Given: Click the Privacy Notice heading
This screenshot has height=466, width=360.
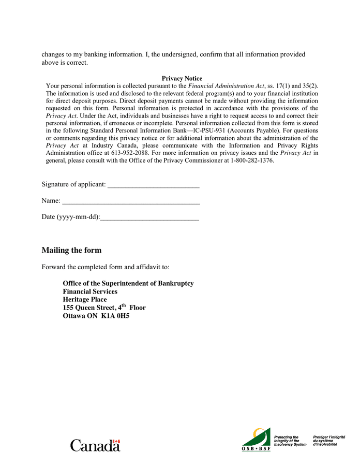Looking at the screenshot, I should (x=182, y=78).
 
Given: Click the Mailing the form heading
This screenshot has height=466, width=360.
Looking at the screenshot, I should (x=71, y=251).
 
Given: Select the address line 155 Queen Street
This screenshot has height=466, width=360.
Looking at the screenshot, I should (x=104, y=308).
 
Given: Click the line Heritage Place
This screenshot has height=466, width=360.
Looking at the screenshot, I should (x=85, y=299).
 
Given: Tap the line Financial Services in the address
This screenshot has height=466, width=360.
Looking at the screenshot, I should (x=90, y=292).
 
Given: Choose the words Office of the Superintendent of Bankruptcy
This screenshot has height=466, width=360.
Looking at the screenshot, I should (x=128, y=283).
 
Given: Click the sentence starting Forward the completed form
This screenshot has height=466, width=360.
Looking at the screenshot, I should (x=105, y=267).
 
